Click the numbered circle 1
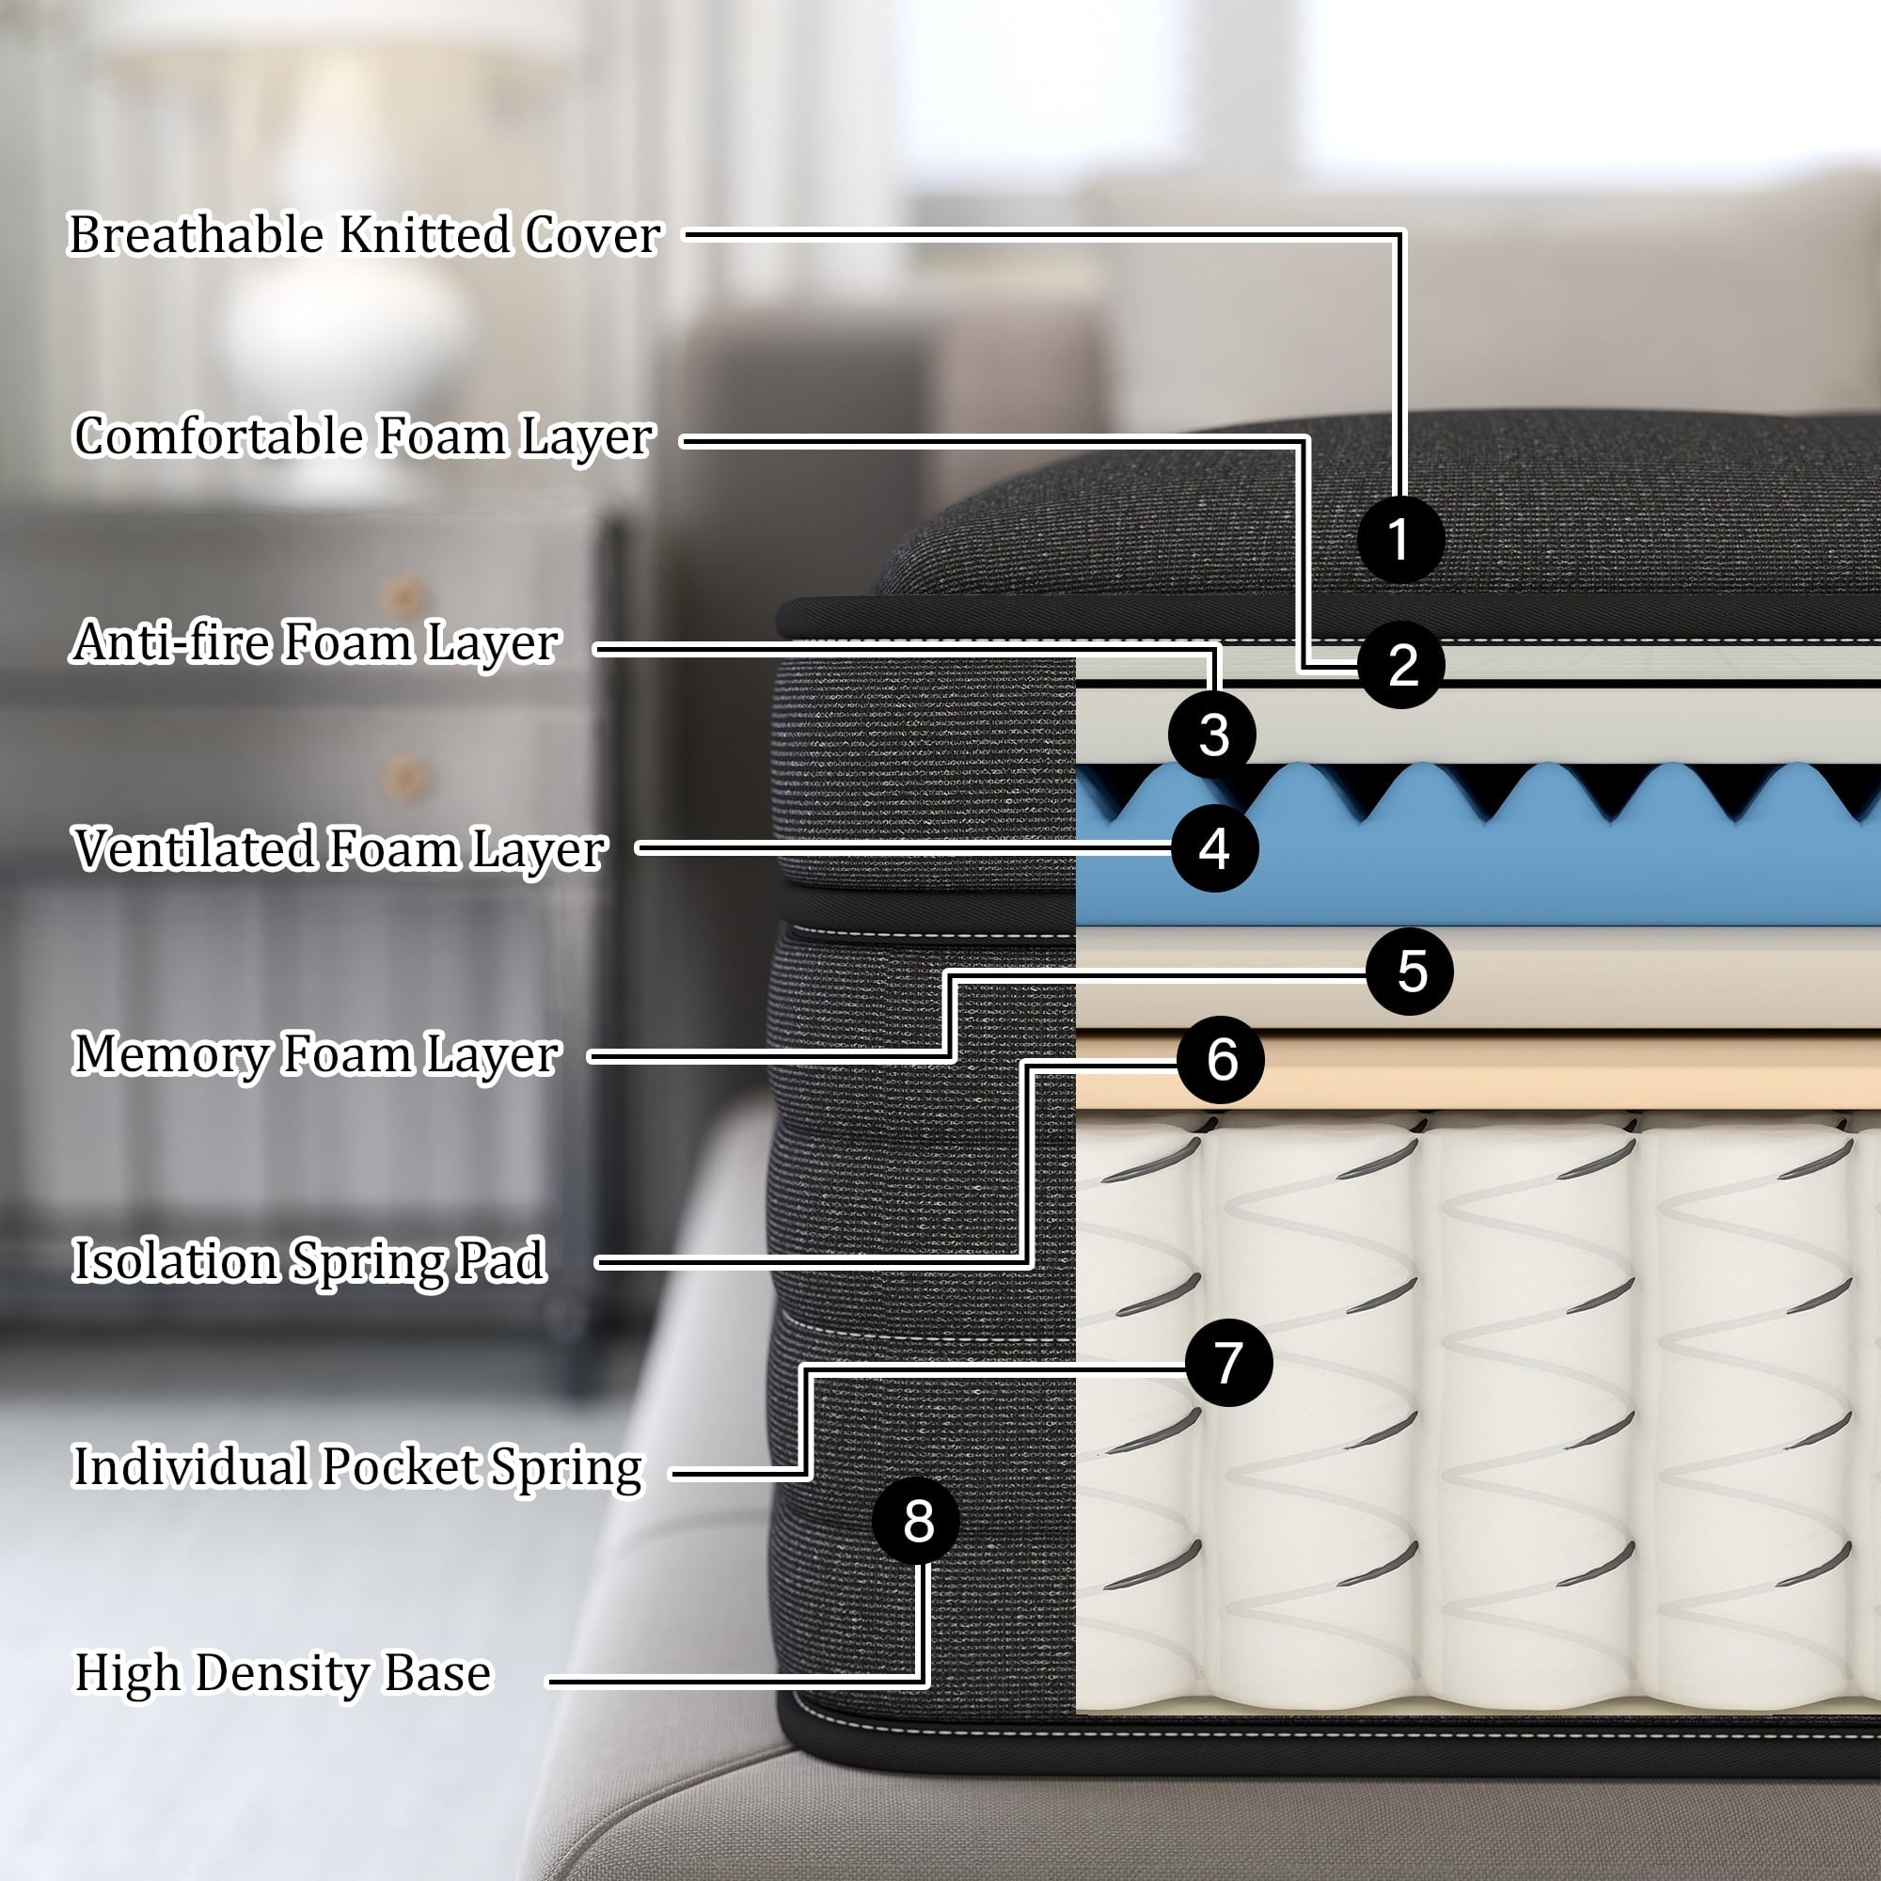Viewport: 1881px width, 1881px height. click(1400, 539)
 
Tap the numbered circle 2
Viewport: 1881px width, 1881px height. click(1402, 665)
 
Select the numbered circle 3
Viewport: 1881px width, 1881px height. click(1212, 735)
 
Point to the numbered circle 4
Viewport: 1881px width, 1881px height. click(1214, 849)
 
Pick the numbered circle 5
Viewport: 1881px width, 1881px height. click(1410, 972)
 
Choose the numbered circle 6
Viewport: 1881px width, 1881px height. click(1221, 1059)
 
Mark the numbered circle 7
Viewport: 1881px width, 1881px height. click(1228, 1362)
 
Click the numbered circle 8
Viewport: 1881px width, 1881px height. click(916, 1521)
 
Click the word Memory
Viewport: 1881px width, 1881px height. click(169, 1055)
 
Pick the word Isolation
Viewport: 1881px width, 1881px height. click(176, 1261)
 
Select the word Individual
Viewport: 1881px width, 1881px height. click(190, 1467)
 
